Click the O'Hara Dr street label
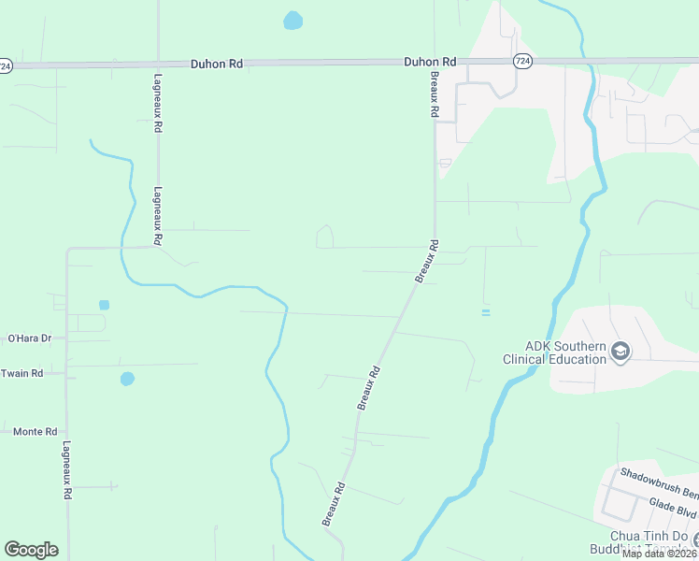pyautogui.click(x=28, y=338)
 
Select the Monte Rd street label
pyautogui.click(x=35, y=432)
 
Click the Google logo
pyautogui.click(x=31, y=550)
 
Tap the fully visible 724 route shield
pyautogui.click(x=522, y=61)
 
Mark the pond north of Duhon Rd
pyautogui.click(x=293, y=20)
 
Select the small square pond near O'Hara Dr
pyautogui.click(x=104, y=305)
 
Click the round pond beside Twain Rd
pyautogui.click(x=127, y=379)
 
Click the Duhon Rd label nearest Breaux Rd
pyautogui.click(x=430, y=62)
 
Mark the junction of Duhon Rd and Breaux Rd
pyautogui.click(x=435, y=63)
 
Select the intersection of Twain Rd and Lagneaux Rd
pyautogui.click(x=66, y=373)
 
